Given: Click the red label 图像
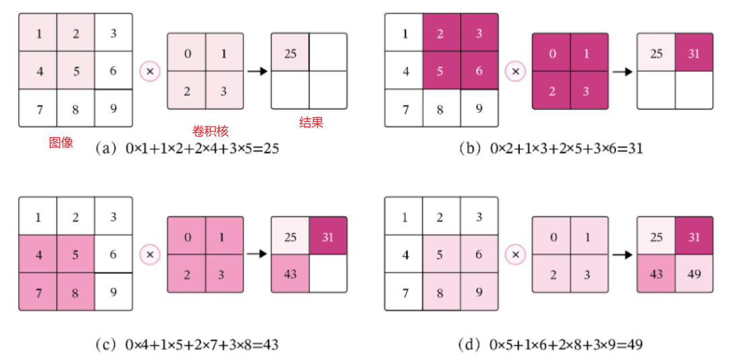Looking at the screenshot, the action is pyautogui.click(x=61, y=143).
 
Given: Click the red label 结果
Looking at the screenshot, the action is pyautogui.click(x=311, y=123).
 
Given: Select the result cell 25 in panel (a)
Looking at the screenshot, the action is pyautogui.click(x=291, y=53).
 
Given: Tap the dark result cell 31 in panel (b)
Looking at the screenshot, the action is pyautogui.click(x=693, y=53).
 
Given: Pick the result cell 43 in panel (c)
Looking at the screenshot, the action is pyautogui.click(x=291, y=273).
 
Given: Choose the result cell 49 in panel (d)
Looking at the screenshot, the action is pyautogui.click(x=693, y=273).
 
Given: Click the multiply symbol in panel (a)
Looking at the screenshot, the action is pyautogui.click(x=150, y=71).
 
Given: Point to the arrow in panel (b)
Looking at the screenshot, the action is pyautogui.click(x=623, y=71).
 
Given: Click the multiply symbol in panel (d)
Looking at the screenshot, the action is pyautogui.click(x=515, y=254).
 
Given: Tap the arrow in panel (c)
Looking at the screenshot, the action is pyautogui.click(x=257, y=254).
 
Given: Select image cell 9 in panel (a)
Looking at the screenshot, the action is pyautogui.click(x=113, y=108).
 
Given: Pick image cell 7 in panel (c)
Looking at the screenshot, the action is pyautogui.click(x=38, y=291).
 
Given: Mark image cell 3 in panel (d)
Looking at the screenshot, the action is pyautogui.click(x=479, y=217).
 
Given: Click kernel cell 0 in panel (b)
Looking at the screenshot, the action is pyautogui.click(x=551, y=53).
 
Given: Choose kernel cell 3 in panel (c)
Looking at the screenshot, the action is pyautogui.click(x=224, y=273).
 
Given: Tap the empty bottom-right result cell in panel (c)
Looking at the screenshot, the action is pyautogui.click(x=328, y=273).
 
